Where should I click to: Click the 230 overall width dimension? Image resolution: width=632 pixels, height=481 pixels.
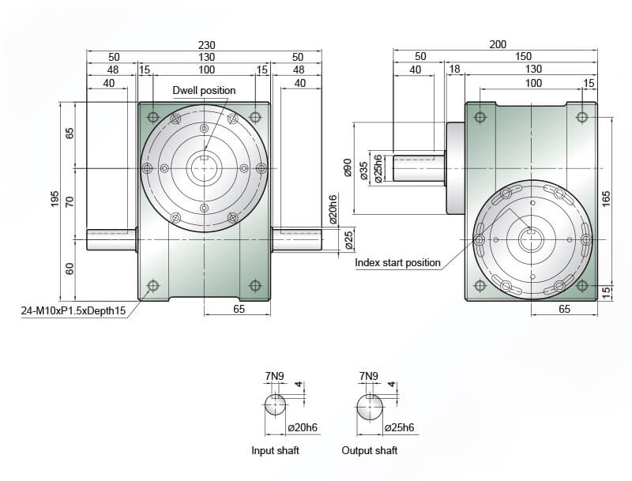point(206,45)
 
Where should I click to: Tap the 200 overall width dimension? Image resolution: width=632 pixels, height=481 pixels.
point(498,44)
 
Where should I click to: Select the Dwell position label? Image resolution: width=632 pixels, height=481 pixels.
point(204,90)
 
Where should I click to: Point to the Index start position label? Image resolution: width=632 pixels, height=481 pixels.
point(398,263)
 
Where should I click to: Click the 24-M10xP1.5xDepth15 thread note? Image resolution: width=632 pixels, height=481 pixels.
point(73,310)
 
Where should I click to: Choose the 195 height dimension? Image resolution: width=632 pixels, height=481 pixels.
point(55,199)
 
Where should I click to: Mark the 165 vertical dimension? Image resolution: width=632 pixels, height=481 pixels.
point(606,199)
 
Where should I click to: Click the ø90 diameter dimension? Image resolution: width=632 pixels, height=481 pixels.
point(348,167)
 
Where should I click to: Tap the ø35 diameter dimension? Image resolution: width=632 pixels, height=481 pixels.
point(363,171)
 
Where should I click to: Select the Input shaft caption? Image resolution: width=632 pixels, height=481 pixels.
point(275,450)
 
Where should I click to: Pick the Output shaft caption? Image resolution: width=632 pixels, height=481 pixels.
point(370,450)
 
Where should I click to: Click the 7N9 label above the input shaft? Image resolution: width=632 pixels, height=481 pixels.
point(274,376)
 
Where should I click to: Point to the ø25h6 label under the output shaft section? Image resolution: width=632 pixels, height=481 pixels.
point(400,427)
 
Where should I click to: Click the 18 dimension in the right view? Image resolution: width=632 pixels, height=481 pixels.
point(454,70)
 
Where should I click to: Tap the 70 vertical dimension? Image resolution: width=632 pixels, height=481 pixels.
point(70,201)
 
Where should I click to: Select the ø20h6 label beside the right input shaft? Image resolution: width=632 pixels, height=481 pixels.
point(333,209)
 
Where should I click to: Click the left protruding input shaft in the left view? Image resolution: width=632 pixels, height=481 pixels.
point(111,239)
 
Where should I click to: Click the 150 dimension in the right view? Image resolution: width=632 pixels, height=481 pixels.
point(523,56)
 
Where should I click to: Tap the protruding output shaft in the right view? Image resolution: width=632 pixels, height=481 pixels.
point(419,168)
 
